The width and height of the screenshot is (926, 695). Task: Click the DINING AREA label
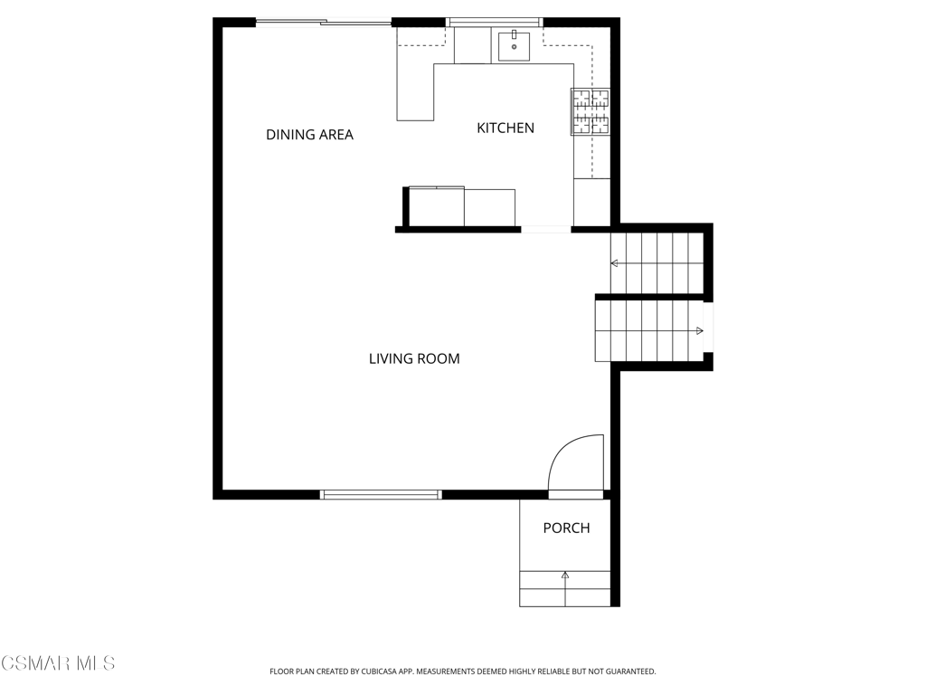[x=309, y=135]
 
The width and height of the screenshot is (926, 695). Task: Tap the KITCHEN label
[x=506, y=128]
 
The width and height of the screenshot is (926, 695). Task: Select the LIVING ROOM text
[x=414, y=358]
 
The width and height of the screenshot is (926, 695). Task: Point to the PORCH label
[x=566, y=528]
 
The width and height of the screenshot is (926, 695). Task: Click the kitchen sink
[x=514, y=47]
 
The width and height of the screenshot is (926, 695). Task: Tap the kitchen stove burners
[x=590, y=111]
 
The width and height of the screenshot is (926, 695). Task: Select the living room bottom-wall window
[x=381, y=495]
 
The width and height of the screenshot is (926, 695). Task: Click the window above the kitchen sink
[x=495, y=23]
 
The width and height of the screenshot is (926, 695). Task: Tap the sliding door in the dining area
[x=324, y=23]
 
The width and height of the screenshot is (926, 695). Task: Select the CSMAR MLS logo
[x=58, y=663]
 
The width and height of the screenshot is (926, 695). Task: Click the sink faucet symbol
[x=514, y=34]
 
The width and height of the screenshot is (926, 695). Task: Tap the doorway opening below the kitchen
[x=546, y=229]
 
